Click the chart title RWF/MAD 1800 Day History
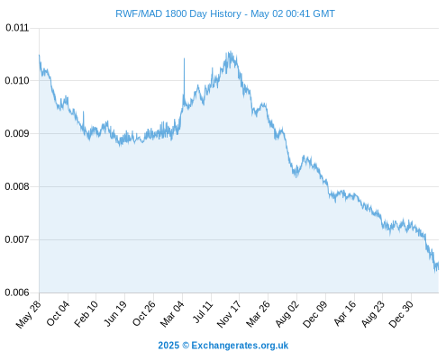(x=178, y=13)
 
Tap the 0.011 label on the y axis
(x=17, y=28)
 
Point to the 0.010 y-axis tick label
(x=17, y=80)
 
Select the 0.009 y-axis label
(x=17, y=133)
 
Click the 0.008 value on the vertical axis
(x=17, y=186)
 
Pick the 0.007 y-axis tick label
(x=17, y=239)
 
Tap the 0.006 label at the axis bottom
(x=17, y=292)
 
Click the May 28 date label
(x=28, y=314)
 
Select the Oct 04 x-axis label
(x=58, y=313)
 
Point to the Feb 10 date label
(x=86, y=313)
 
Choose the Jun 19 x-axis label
(x=115, y=313)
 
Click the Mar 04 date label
(x=172, y=314)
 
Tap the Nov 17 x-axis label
(x=229, y=314)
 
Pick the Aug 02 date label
(x=287, y=314)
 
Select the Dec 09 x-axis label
(x=315, y=314)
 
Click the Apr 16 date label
(x=344, y=313)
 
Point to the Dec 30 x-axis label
(x=401, y=314)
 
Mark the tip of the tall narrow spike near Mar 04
(x=184, y=58)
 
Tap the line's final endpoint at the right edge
(x=439, y=262)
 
